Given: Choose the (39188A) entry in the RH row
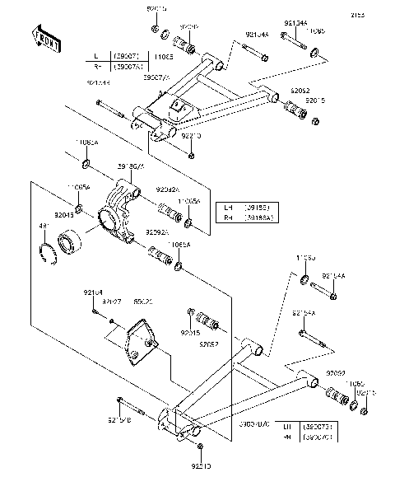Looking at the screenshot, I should (x=256, y=217).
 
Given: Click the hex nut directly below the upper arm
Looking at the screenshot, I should (x=190, y=153).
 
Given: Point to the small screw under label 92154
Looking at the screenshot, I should (x=99, y=311).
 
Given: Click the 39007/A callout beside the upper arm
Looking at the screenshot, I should (x=157, y=77).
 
